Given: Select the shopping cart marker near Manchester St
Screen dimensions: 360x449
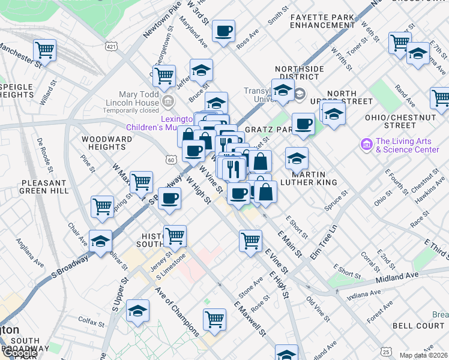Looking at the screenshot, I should [x=44, y=49].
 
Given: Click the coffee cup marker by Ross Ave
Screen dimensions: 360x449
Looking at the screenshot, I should [x=224, y=31].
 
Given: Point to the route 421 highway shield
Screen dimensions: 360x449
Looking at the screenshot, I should [x=111, y=46].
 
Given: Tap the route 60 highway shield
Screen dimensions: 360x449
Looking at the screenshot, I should [x=172, y=160].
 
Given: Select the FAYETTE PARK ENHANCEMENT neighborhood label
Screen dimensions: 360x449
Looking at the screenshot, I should [x=322, y=21].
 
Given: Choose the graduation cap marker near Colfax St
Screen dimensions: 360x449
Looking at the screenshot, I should [x=138, y=310].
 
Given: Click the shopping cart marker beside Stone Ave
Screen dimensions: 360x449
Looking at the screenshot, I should [x=250, y=240].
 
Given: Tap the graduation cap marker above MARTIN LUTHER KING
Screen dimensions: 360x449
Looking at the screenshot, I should [x=297, y=158].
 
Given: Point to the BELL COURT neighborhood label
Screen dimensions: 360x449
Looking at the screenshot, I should [x=418, y=325].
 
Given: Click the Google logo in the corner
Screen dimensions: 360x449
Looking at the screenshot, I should [x=19, y=353].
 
